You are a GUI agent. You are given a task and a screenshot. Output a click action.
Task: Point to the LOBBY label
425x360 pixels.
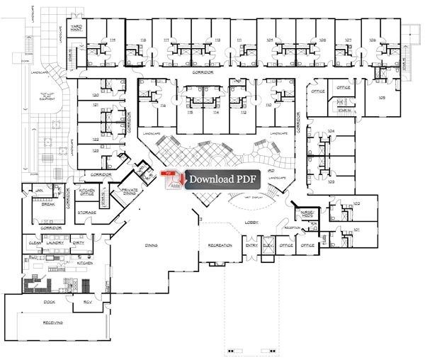pos(251,223)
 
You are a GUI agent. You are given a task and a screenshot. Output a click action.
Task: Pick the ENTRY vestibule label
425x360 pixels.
pos(251,245)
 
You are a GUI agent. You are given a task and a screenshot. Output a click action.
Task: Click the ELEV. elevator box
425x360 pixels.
pos(268,245)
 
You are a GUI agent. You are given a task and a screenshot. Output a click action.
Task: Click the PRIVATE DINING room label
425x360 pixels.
pos(130,191)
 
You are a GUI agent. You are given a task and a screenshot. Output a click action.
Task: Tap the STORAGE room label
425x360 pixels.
pos(87,212)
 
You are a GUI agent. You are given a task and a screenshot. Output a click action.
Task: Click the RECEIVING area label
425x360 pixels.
pos(52,322)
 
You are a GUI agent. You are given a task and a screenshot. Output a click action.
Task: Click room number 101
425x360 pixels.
pos(357,230)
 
